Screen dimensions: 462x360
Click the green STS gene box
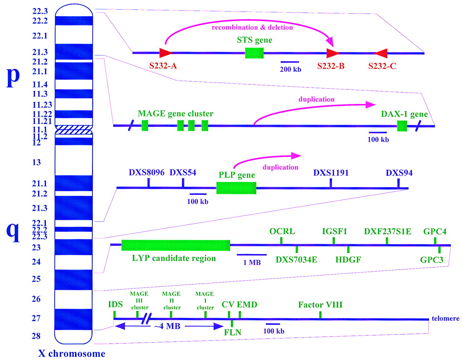254,53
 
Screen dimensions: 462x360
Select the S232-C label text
382,66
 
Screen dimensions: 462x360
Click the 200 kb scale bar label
291,69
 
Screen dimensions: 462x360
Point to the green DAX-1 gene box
402,126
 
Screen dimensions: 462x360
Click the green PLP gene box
236,188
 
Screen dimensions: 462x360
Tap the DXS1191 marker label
331,173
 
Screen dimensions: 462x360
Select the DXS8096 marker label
147,172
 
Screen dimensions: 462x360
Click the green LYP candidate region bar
176,245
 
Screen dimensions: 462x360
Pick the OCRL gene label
282,231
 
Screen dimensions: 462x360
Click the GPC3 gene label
432,260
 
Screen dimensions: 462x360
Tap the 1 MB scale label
252,263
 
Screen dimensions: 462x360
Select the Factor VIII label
321,305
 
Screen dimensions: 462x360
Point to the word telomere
446,319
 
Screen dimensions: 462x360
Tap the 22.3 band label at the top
40,11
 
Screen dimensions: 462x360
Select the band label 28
36,336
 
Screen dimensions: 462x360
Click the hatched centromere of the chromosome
74,129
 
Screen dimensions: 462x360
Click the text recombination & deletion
252,27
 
